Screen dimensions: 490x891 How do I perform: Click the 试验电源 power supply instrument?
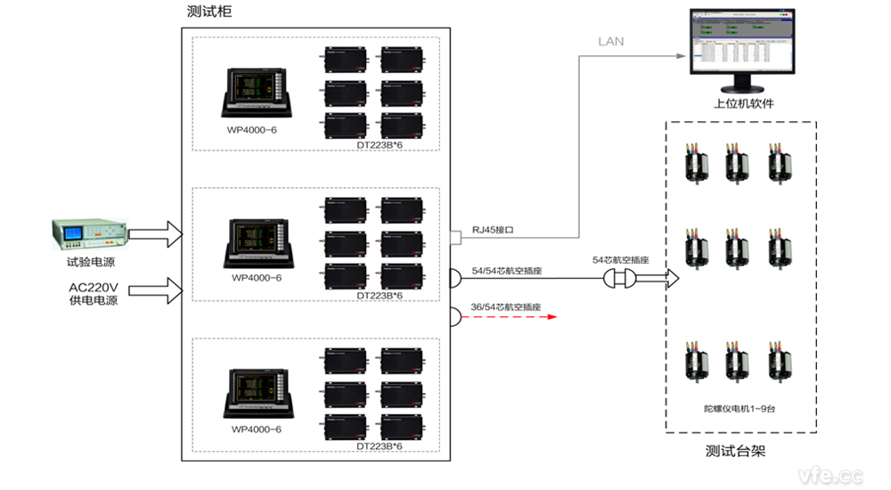(90, 234)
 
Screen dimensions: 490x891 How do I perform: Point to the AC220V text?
(94, 288)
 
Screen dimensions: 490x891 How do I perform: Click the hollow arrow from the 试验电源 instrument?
(155, 235)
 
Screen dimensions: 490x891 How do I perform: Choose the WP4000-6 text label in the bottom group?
(257, 429)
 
